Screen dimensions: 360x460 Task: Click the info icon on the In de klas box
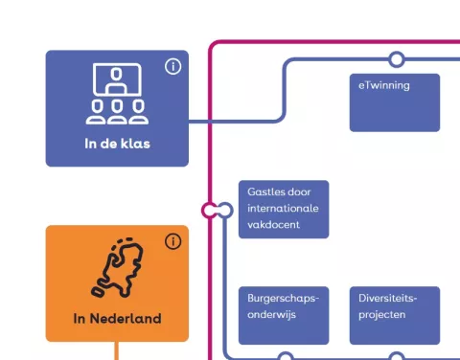[172, 66]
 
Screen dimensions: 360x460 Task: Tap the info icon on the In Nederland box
[172, 241]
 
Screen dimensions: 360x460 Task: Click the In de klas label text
[117, 145]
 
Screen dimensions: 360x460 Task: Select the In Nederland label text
[117, 319]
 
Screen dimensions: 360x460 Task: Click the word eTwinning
[384, 85]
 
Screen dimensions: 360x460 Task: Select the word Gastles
[266, 192]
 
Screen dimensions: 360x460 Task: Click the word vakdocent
[274, 224]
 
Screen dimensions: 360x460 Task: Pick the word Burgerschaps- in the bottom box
[283, 298]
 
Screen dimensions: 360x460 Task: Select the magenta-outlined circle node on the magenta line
[210, 210]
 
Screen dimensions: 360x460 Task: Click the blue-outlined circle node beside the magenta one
[224, 210]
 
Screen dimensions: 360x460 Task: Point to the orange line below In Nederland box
[117, 350]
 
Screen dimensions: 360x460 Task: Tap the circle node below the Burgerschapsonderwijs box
[285, 357]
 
